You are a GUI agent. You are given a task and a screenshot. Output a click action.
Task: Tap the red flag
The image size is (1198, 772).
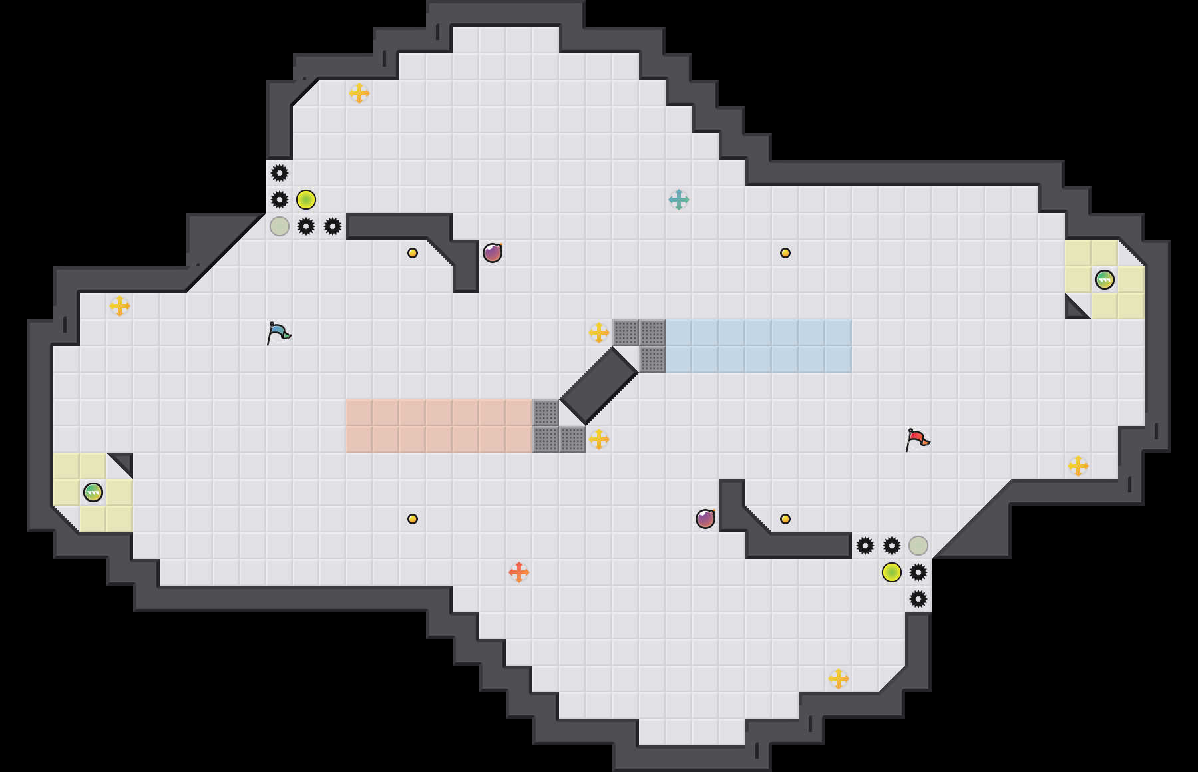[917, 439]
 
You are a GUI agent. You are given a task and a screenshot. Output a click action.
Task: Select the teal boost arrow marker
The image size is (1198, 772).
[679, 200]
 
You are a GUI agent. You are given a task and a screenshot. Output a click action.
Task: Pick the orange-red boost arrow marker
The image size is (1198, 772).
[519, 572]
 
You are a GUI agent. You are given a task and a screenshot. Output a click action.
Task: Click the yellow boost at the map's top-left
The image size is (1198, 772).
[359, 93]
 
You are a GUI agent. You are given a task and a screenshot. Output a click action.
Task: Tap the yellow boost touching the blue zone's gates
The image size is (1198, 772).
[599, 333]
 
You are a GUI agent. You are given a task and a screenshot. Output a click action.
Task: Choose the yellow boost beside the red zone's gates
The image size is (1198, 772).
[599, 439]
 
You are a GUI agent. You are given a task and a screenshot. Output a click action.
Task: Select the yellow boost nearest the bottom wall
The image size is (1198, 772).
[839, 679]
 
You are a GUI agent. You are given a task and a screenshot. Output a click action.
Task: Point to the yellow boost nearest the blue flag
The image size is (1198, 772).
[120, 306]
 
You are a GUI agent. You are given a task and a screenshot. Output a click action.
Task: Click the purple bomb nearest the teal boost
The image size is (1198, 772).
[493, 253]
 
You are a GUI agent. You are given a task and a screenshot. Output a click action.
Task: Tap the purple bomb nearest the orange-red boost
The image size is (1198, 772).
[705, 519]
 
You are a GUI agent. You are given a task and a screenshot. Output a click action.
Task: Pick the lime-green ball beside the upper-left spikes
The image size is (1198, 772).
[306, 200]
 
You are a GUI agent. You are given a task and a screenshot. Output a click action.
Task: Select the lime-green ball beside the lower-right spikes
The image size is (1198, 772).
[892, 572]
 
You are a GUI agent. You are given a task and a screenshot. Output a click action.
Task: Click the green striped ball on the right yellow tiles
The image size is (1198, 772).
[1105, 280]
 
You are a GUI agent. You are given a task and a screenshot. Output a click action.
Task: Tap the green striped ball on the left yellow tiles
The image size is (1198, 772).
[93, 492]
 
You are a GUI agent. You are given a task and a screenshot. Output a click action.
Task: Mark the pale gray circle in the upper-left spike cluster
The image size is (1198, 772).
[280, 226]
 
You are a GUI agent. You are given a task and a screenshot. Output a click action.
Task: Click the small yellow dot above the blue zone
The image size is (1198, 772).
[785, 253]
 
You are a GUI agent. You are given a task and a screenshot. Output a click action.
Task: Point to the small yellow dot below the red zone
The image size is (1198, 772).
[413, 519]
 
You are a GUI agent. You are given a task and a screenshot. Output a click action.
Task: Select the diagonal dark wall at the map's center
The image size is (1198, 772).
[599, 386]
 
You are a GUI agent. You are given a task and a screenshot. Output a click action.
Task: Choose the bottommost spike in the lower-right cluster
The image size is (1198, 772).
[918, 599]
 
